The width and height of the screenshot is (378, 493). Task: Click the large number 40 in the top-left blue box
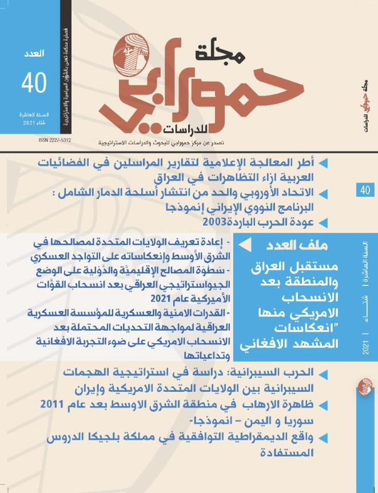point(34,83)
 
